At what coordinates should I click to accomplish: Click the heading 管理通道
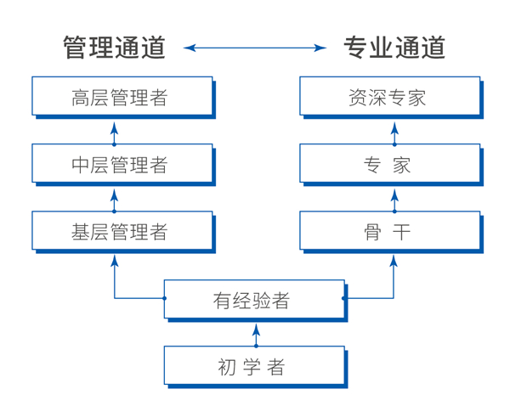(x=114, y=48)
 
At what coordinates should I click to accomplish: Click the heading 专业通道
(x=394, y=48)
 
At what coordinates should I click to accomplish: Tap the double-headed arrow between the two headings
(x=255, y=48)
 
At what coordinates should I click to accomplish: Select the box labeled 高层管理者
(x=122, y=96)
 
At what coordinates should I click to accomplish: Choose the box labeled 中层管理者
(x=122, y=163)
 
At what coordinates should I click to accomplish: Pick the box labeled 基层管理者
(x=122, y=230)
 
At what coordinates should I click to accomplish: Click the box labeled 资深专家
(x=389, y=96)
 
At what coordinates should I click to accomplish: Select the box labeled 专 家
(x=389, y=163)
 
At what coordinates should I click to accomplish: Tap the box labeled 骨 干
(x=389, y=230)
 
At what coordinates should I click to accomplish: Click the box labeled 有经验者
(x=254, y=299)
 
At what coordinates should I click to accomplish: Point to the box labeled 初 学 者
(x=254, y=366)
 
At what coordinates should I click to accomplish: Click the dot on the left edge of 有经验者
(x=165, y=298)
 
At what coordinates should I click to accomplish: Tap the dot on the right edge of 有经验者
(x=343, y=298)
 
